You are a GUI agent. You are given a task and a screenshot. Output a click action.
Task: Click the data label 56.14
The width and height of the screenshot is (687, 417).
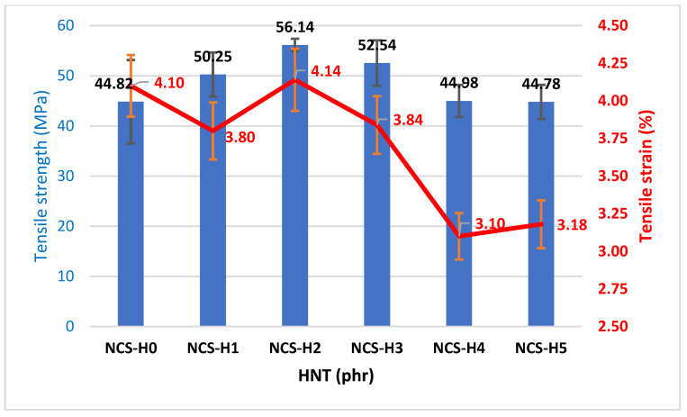pyautogui.click(x=296, y=28)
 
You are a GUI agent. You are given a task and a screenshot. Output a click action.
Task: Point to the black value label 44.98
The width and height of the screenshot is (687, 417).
pyautogui.click(x=459, y=84)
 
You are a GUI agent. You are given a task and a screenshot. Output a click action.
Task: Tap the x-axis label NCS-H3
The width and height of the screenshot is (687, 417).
pyautogui.click(x=377, y=348)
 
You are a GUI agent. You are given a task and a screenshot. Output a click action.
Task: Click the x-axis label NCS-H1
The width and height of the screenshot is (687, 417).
pyautogui.click(x=212, y=348)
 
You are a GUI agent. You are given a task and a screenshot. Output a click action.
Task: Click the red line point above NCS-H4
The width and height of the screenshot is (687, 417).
pyautogui.click(x=459, y=236)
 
